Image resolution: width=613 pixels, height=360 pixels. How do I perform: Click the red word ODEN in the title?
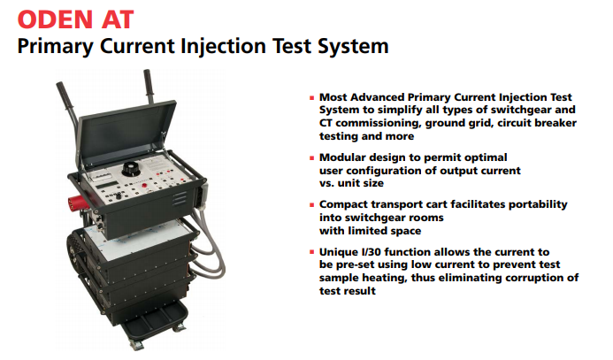55,19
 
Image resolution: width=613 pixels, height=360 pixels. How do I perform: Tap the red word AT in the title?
118,19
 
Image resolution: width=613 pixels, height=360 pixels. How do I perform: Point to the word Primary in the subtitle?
55,47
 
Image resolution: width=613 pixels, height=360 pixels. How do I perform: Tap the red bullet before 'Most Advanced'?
312,97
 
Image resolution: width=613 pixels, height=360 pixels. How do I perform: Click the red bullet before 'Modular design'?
312,158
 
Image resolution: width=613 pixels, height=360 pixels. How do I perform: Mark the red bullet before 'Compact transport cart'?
312,205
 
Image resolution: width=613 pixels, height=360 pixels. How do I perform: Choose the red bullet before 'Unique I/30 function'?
312,252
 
